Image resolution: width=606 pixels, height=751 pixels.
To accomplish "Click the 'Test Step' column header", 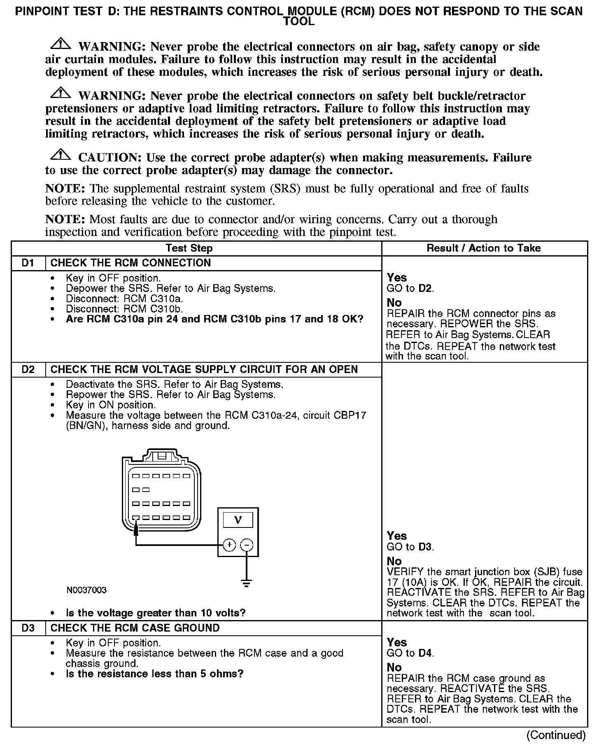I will tap(189, 248).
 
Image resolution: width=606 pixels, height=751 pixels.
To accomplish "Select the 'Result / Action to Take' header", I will tap(483, 248).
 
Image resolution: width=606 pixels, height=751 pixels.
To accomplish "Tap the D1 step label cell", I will tap(28, 263).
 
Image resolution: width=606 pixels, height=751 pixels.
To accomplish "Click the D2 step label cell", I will tap(28, 369).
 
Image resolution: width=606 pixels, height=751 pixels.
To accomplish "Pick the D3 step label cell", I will tap(28, 628).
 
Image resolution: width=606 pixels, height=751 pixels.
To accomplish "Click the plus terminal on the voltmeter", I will tap(229, 545).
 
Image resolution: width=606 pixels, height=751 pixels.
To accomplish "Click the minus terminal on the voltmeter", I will tap(247, 545).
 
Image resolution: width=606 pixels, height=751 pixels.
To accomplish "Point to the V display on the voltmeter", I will tap(238, 520).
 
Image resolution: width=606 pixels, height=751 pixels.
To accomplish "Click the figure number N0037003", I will tap(86, 590).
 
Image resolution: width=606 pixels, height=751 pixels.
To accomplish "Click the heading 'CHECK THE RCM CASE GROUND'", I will tap(135, 628).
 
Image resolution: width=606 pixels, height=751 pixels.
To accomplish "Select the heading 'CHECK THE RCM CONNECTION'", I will tap(131, 263).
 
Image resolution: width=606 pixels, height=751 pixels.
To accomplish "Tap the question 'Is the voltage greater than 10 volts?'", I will tap(156, 613).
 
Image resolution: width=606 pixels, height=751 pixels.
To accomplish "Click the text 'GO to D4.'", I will tap(410, 653).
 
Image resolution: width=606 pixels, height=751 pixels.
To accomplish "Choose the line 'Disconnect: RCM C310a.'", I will tap(124, 299).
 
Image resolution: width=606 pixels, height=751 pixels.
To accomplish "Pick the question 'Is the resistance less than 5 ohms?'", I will tap(154, 674).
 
